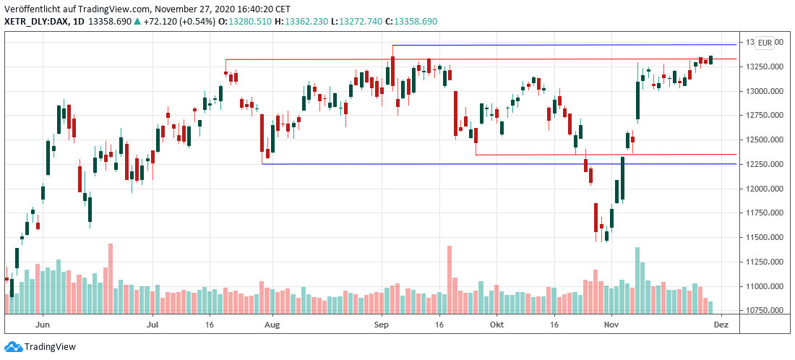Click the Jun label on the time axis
(x=42, y=326)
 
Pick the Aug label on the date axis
(x=271, y=326)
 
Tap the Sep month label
(x=383, y=326)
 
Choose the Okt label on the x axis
(x=497, y=326)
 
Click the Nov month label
(x=611, y=326)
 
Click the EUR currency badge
(x=765, y=43)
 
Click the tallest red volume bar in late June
(x=111, y=278)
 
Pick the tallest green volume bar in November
(x=637, y=280)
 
